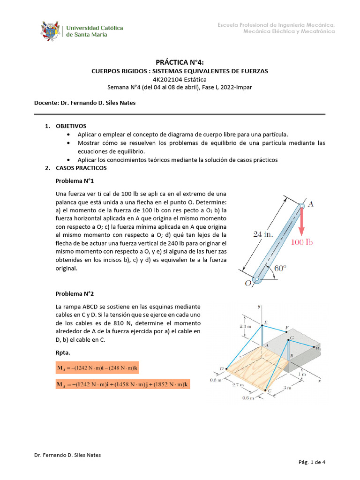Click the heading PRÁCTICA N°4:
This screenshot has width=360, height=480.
pyautogui.click(x=180, y=62)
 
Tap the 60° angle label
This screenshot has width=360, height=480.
pyautogui.click(x=280, y=269)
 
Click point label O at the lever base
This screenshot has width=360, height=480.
pyautogui.click(x=247, y=283)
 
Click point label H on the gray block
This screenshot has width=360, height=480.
pyautogui.click(x=317, y=349)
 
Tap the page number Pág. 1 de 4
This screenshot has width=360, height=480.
pyautogui.click(x=312, y=462)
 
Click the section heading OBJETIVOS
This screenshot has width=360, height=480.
pyautogui.click(x=71, y=126)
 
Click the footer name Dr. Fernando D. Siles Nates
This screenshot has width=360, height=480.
pyautogui.click(x=67, y=455)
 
